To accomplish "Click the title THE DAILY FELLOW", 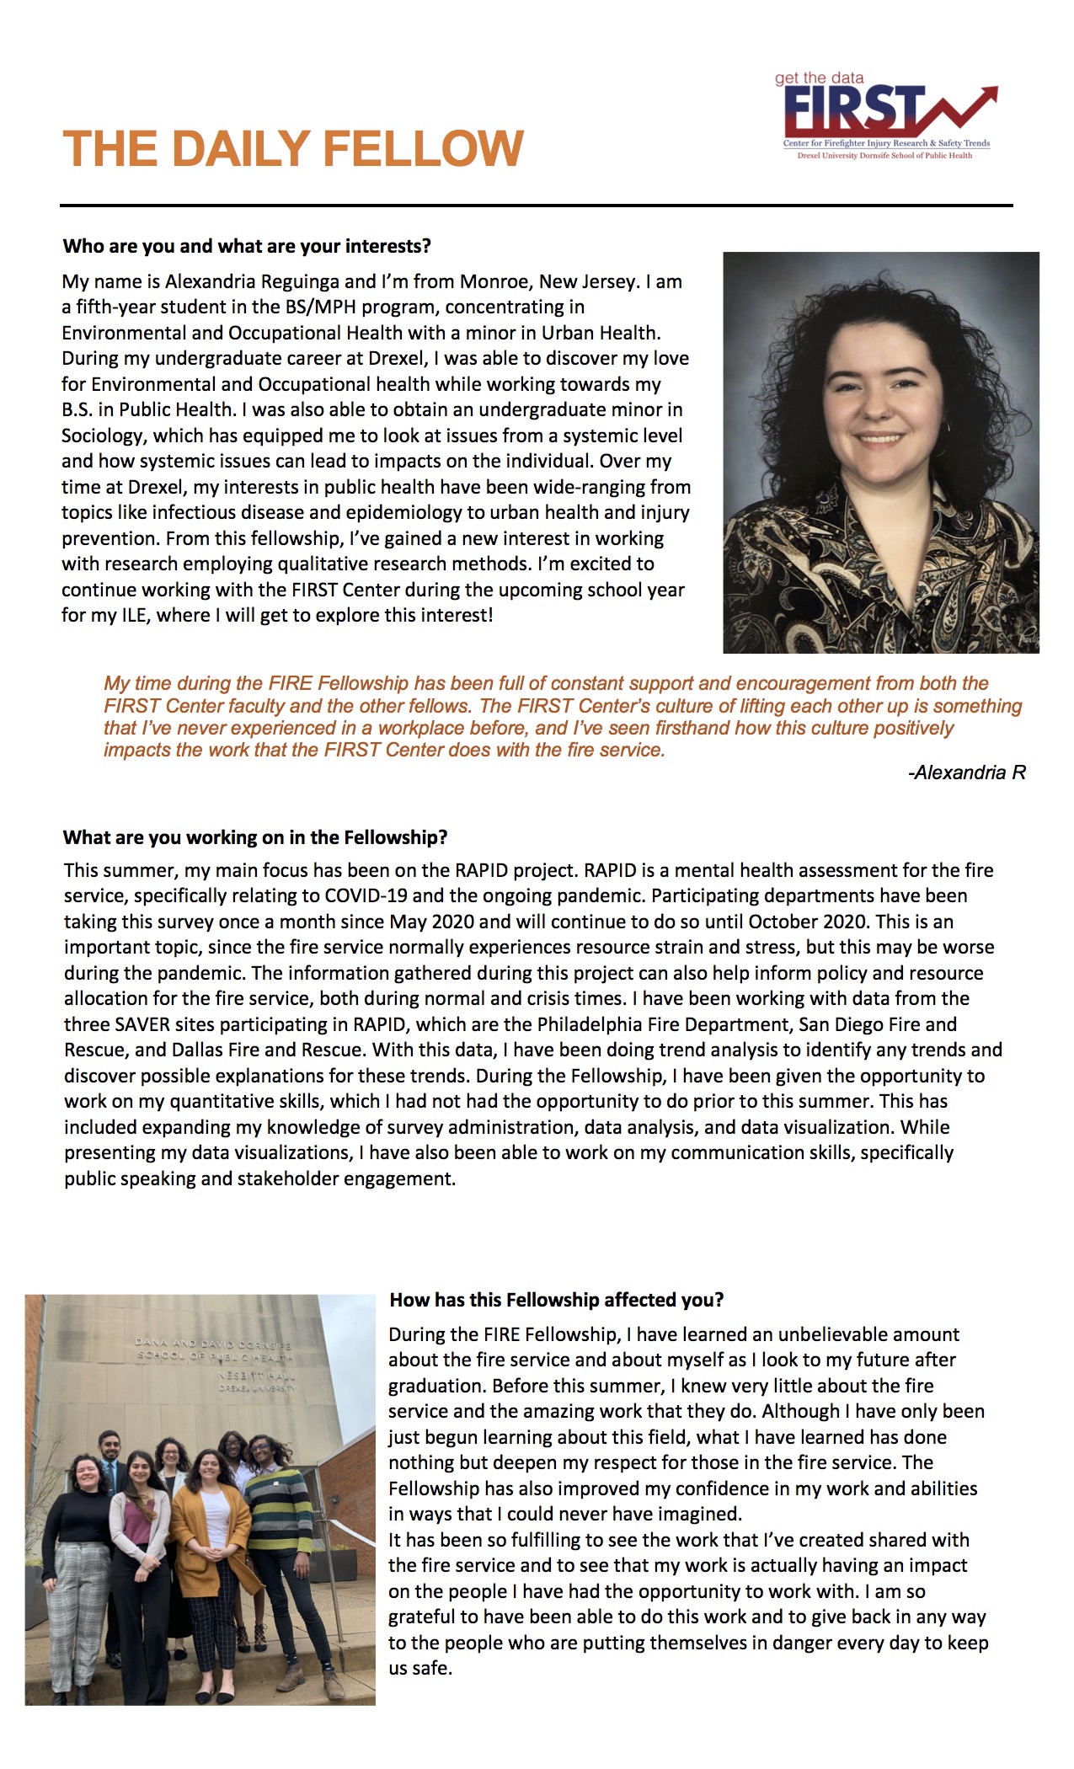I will [x=293, y=149].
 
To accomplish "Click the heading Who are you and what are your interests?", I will [x=247, y=246].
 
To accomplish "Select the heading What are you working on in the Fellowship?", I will [x=255, y=837].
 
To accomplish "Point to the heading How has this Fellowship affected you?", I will [x=556, y=1299].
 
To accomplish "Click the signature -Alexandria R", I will [x=966, y=772].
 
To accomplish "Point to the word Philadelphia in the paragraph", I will [x=612, y=1024].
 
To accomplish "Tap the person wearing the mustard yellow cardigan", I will [x=211, y=1542].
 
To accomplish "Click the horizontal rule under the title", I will [x=536, y=205].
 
